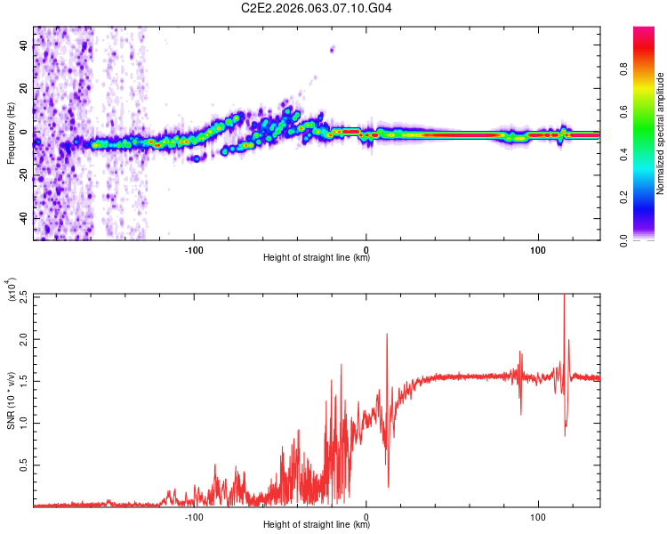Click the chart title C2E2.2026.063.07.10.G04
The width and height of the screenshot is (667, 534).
(317, 8)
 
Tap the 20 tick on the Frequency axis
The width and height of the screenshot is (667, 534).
(25, 89)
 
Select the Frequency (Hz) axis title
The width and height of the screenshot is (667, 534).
(11, 133)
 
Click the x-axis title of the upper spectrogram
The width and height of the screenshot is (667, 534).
(317, 258)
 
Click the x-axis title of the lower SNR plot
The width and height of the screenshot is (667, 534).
(317, 525)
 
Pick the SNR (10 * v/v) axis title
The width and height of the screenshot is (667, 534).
(11, 400)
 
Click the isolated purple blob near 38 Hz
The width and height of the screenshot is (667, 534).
(333, 49)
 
